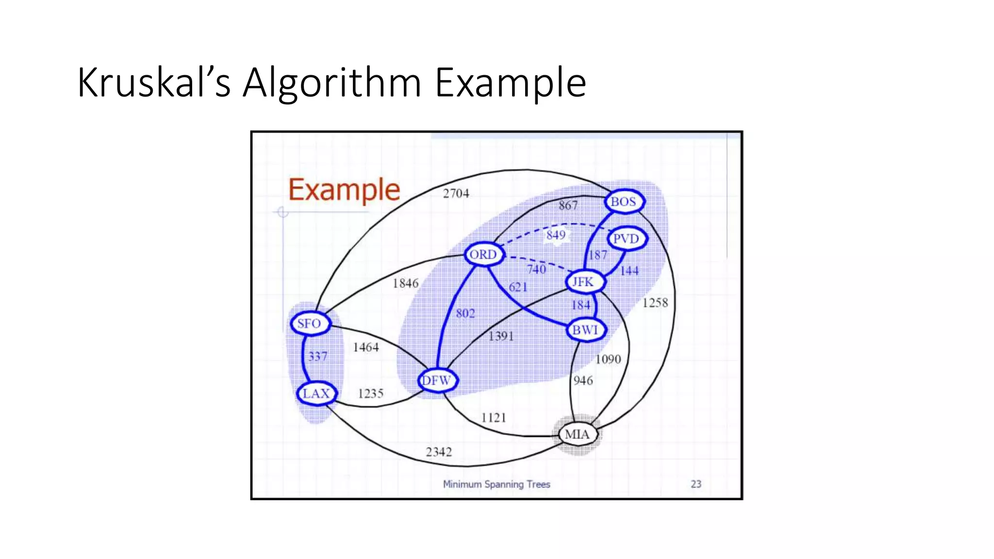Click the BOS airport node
pos(624,201)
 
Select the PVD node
pos(626,239)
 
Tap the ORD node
pos(483,254)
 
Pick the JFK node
pos(583,282)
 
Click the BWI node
pos(585,330)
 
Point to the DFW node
pos(437,380)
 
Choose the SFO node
pos(310,324)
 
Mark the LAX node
pos(316,394)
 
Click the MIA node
pos(577,434)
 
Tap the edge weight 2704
pos(456,194)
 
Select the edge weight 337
pos(318,357)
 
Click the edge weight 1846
pos(406,283)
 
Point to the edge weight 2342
pos(439,452)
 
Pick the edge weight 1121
pos(494,418)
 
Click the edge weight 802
pos(465,313)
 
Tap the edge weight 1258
pos(655,303)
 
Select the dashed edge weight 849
pos(556,235)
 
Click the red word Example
pos(344,190)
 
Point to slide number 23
pos(696,484)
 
